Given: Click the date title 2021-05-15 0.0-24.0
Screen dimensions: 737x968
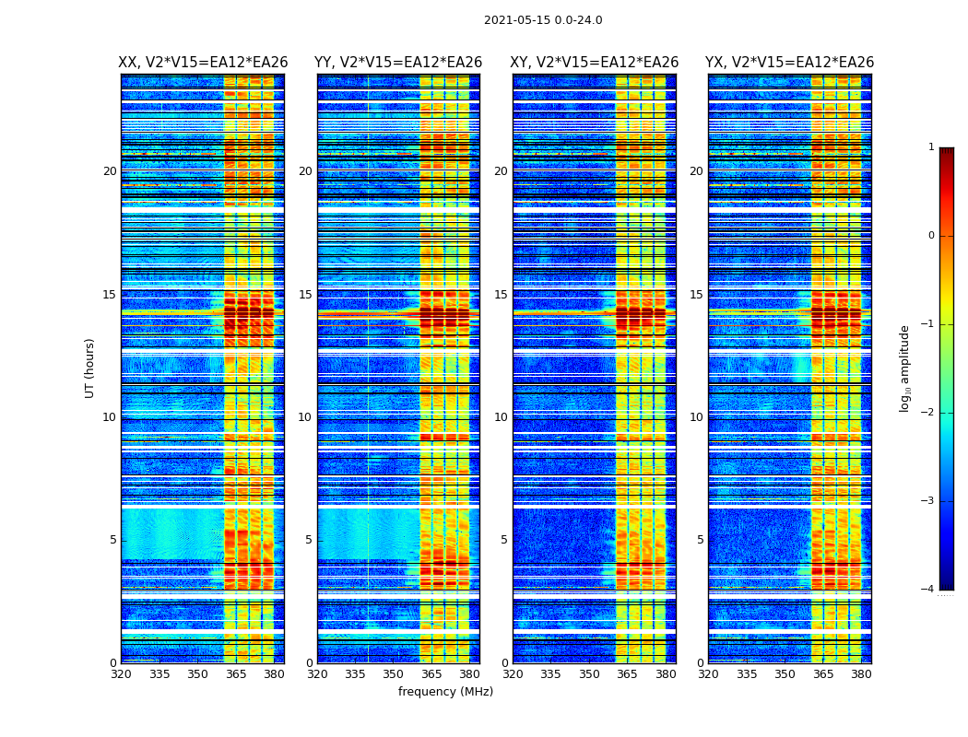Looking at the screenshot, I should pyautogui.click(x=543, y=20).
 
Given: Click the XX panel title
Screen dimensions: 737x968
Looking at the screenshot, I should pyautogui.click(x=203, y=63).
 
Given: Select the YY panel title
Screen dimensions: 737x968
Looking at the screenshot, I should pyautogui.click(x=398, y=63).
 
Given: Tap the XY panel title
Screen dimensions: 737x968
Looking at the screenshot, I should pyautogui.click(x=595, y=63).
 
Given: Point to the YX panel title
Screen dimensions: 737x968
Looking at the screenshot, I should pyautogui.click(x=789, y=63).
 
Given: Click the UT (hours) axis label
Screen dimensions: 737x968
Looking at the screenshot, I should pyautogui.click(x=90, y=368).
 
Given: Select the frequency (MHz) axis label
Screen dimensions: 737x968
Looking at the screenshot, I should pyautogui.click(x=445, y=692).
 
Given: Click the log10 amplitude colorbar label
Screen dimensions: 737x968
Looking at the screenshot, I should pyautogui.click(x=905, y=368).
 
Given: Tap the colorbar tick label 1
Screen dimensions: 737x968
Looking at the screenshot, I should pyautogui.click(x=931, y=147).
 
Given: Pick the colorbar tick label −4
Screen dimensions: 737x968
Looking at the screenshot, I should pyautogui.click(x=928, y=590).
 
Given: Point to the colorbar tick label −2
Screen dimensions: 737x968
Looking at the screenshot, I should pyautogui.click(x=928, y=413).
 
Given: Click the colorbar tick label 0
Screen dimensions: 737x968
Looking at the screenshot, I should pyautogui.click(x=931, y=236).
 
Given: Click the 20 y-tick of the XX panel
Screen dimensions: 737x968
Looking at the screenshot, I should pyautogui.click(x=110, y=171).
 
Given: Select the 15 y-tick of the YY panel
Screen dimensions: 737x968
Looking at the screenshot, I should pyautogui.click(x=305, y=295).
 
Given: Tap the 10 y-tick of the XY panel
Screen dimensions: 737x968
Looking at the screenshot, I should pyautogui.click(x=501, y=417).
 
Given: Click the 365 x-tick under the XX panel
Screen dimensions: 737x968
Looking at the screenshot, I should pyautogui.click(x=236, y=674).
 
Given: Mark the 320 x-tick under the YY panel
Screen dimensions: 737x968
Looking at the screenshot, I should pyautogui.click(x=317, y=674).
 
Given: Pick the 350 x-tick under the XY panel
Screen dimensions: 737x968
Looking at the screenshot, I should pyautogui.click(x=589, y=674).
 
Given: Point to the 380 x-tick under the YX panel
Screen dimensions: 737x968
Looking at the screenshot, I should pyautogui.click(x=861, y=674).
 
